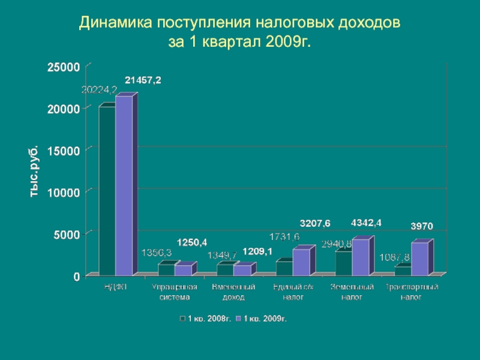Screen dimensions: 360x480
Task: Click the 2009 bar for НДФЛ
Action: (124, 186)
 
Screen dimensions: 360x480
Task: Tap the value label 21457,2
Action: (143, 80)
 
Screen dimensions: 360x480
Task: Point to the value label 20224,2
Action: (99, 89)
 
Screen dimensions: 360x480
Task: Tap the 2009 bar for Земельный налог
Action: (361, 258)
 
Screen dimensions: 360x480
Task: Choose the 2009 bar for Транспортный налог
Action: (419, 259)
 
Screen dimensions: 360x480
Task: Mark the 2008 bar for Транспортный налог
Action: (403, 271)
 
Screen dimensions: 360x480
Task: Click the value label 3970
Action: (422, 226)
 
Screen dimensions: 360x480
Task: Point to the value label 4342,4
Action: (366, 223)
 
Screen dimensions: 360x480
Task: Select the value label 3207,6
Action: (315, 223)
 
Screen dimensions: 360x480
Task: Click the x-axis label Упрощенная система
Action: (175, 292)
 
